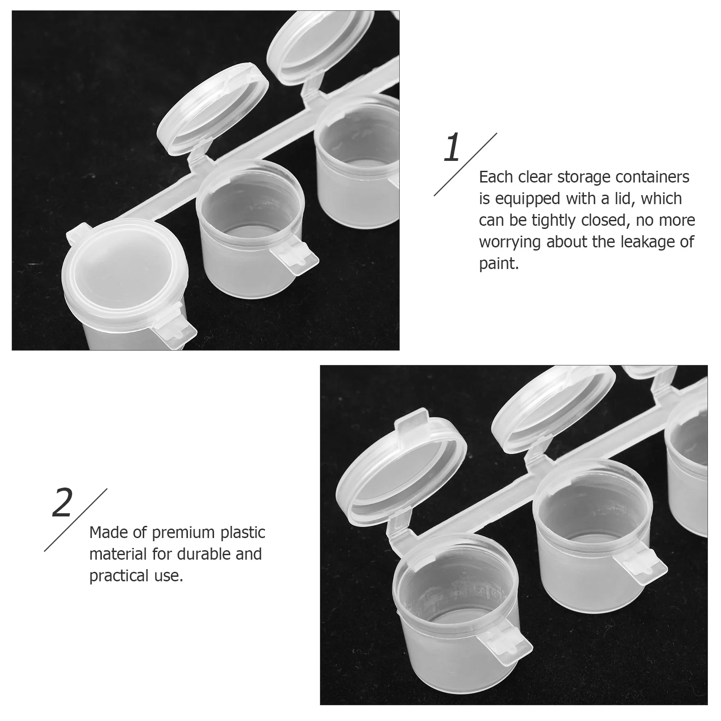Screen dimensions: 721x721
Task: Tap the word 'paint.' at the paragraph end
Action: pyautogui.click(x=499, y=264)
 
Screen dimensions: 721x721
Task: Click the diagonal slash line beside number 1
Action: pyautogui.click(x=465, y=164)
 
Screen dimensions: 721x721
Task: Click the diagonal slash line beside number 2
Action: pyautogui.click(x=75, y=520)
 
